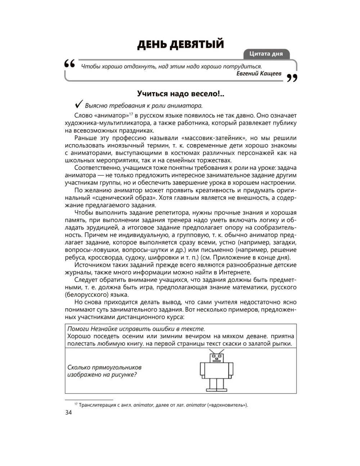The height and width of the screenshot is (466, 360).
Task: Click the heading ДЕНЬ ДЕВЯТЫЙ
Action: tap(180, 44)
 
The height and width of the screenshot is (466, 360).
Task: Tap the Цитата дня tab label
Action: tap(266, 54)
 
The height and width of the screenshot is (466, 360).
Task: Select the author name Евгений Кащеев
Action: tap(259, 73)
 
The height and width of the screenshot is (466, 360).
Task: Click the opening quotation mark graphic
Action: tap(69, 64)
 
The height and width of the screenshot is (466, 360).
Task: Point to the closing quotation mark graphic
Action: tap(292, 78)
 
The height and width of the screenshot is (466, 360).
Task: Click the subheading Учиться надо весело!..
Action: tap(180, 94)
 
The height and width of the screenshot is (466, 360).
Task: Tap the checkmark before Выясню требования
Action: tap(79, 104)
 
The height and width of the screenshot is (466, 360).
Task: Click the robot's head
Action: tap(217, 358)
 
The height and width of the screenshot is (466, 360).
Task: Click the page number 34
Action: tap(68, 413)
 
